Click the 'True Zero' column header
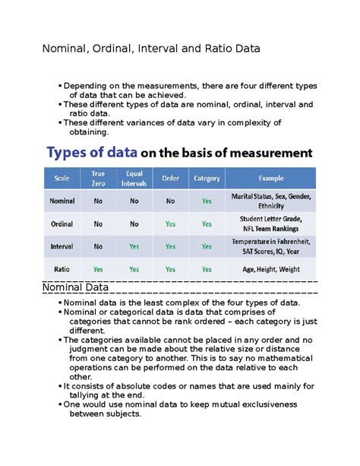98,179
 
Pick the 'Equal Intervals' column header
134,179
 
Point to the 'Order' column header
170,179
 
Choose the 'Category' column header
207,179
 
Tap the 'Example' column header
271,179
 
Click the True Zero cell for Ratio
98,269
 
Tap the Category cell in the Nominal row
207,201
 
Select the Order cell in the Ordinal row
170,224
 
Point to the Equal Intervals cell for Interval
134,246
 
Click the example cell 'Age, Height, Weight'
271,269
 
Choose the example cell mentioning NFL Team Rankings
271,224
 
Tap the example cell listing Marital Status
271,201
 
